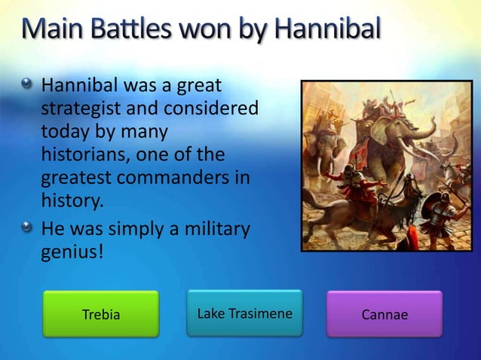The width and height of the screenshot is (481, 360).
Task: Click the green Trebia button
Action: (100, 314)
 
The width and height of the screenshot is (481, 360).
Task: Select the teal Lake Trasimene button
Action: (244, 313)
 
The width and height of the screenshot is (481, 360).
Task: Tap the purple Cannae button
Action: (384, 314)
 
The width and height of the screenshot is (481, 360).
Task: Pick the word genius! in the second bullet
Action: (72, 250)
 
